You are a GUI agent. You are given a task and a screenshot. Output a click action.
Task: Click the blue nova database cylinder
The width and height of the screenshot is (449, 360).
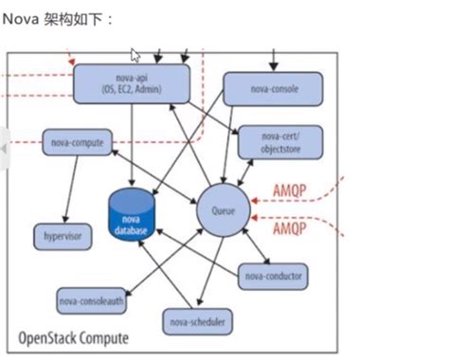click(x=132, y=212)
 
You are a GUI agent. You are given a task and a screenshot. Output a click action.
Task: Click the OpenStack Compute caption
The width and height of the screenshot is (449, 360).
click(x=74, y=338)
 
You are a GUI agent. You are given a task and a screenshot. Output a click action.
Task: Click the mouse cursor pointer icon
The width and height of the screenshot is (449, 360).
click(x=135, y=55)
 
